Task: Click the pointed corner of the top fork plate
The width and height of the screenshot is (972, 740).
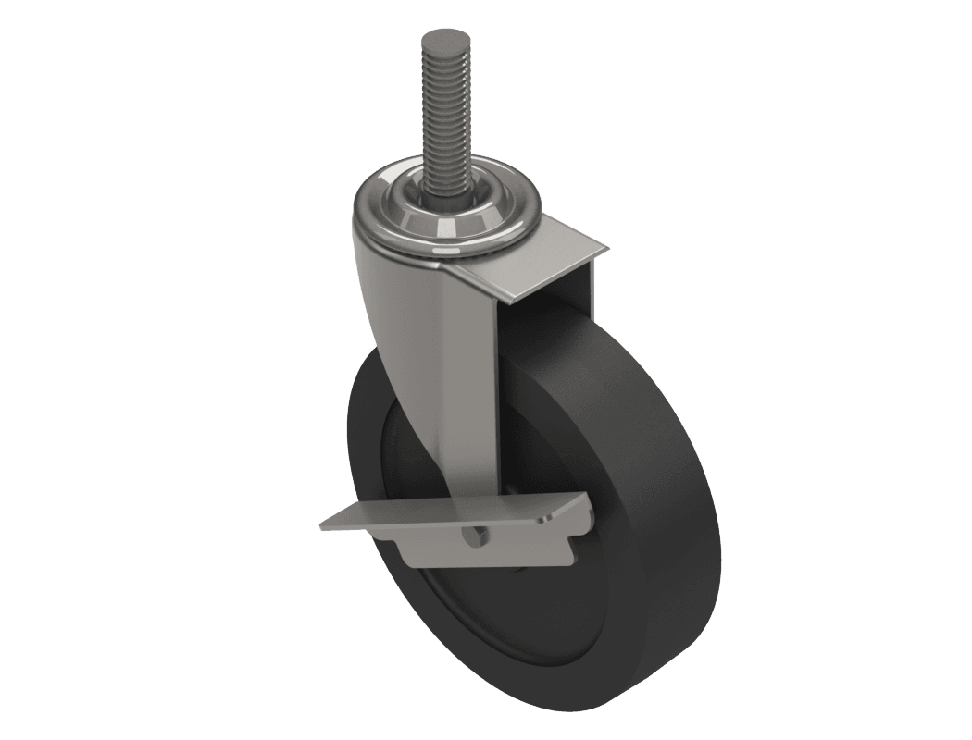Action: point(605,249)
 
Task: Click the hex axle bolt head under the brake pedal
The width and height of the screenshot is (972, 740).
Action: point(473,539)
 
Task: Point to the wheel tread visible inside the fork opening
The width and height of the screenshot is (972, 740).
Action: point(546,370)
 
